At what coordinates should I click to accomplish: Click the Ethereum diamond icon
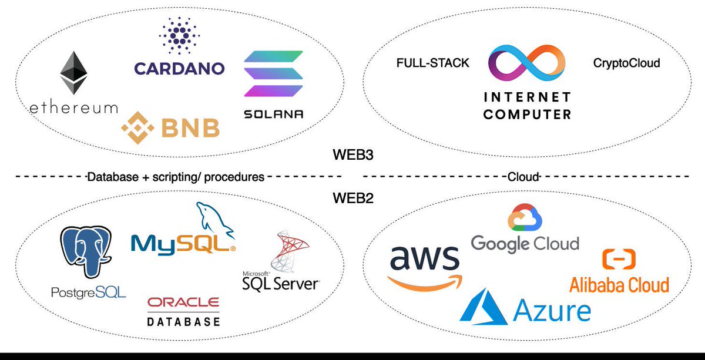coord(74,73)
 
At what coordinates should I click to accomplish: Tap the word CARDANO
coord(179,68)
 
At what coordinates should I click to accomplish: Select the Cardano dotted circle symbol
coord(179,35)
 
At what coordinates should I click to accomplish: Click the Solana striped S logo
coord(274,74)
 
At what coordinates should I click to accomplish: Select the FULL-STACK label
coord(433,63)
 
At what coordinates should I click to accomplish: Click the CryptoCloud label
coord(627,63)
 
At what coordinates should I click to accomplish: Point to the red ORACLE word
coord(183,302)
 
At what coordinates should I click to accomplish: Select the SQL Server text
coord(281,284)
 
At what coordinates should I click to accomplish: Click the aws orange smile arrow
coord(425,282)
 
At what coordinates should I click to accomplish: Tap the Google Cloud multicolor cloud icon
coord(525,218)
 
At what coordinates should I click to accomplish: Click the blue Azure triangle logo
coord(484,307)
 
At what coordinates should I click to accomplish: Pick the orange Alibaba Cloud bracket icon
coord(619,259)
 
